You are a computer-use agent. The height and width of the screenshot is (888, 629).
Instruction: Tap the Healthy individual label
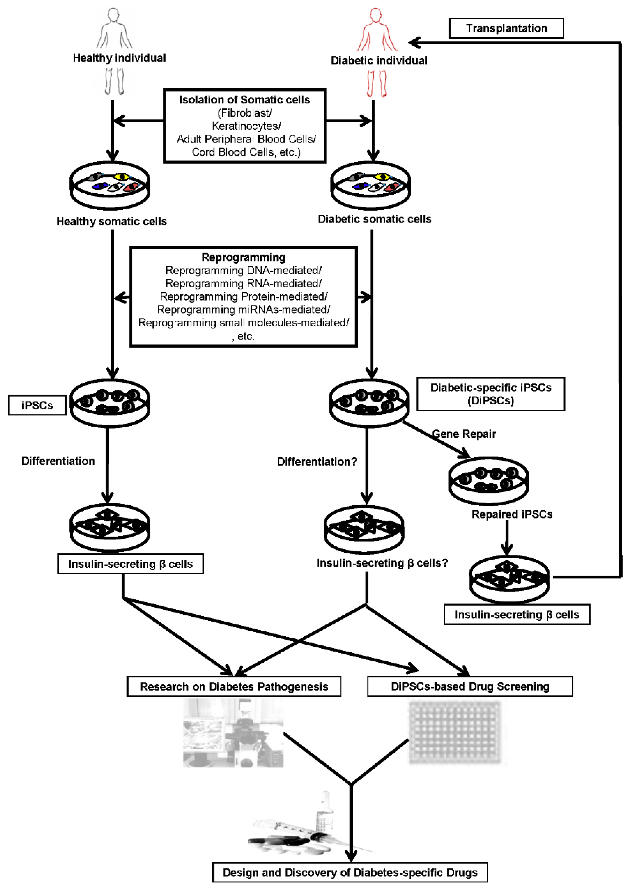(x=119, y=58)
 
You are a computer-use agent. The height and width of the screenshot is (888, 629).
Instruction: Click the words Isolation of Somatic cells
(x=244, y=100)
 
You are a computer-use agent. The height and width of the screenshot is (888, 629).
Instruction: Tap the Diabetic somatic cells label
(x=374, y=219)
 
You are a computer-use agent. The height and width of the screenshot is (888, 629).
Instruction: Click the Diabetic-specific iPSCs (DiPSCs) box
(x=490, y=394)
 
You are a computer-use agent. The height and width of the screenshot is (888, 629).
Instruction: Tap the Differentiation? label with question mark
(x=317, y=462)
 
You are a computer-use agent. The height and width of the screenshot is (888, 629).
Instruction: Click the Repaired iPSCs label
(x=512, y=514)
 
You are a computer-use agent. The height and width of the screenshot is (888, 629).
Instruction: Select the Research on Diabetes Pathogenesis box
(x=234, y=687)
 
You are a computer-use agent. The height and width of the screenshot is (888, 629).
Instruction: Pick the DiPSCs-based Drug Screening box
(x=470, y=687)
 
